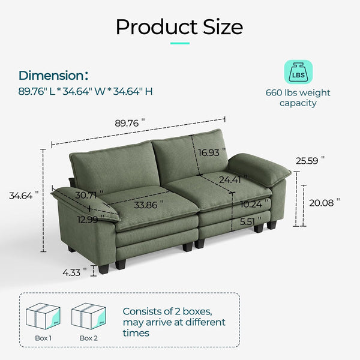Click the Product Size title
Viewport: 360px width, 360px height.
pyautogui.click(x=179, y=27)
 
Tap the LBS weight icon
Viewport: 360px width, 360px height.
pyautogui.click(x=298, y=73)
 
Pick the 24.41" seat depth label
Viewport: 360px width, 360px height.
pyautogui.click(x=233, y=179)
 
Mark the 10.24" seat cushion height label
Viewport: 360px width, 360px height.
pyautogui.click(x=251, y=203)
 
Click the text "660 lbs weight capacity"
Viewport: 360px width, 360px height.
pyautogui.click(x=298, y=98)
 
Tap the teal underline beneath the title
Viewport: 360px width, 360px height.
pyautogui.click(x=179, y=44)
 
